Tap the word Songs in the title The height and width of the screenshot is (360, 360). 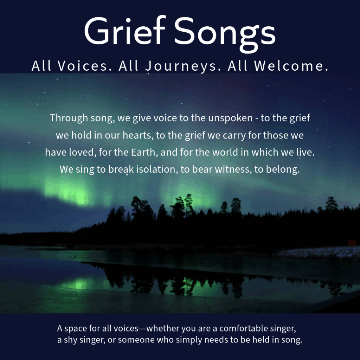coord(225,34)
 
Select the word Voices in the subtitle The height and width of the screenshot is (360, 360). coord(85,66)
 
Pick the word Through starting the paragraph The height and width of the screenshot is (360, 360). coord(69,118)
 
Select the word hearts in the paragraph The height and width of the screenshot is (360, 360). coord(138,135)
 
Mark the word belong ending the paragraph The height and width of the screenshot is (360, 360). coord(283,170)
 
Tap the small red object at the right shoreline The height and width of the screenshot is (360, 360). coord(352,243)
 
